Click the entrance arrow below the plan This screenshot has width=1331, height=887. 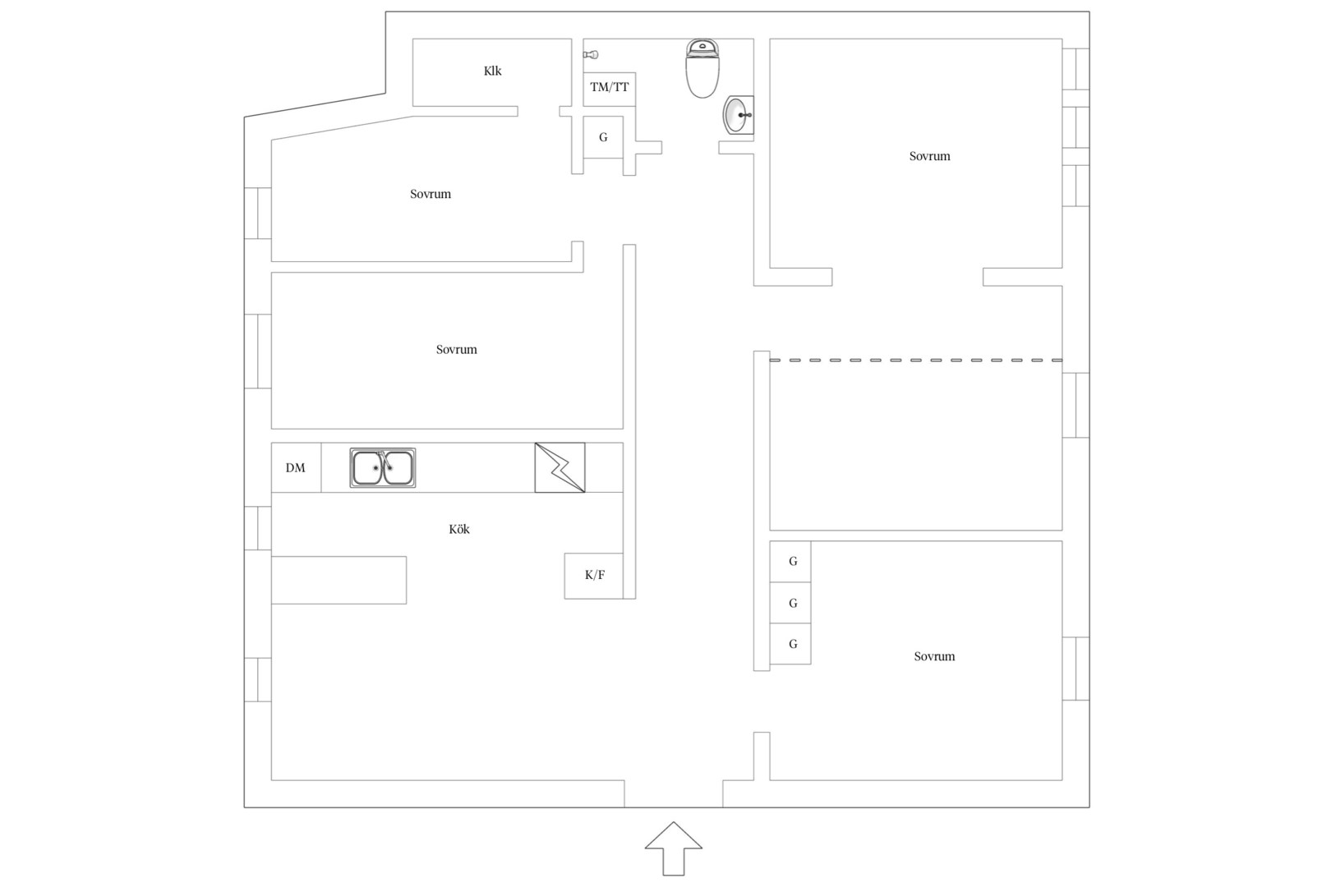point(673,848)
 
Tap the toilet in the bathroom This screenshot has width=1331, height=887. point(702,68)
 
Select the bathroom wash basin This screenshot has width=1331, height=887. point(738,115)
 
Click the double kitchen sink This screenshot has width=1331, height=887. point(383,467)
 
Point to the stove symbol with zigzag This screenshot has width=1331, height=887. point(560,467)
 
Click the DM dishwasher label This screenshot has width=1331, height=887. point(295,468)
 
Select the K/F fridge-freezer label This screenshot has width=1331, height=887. point(595,575)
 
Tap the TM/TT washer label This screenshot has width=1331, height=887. point(609,87)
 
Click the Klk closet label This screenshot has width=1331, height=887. point(493,71)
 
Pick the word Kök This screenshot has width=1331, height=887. point(459,529)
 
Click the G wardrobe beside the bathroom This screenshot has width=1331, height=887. point(603,137)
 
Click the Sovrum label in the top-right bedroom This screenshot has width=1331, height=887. point(929,156)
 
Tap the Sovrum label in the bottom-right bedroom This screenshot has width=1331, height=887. point(934,656)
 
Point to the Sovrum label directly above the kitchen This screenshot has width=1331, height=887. point(456,349)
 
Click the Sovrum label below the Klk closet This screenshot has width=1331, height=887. point(431,194)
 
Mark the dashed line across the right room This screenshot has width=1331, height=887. point(915,360)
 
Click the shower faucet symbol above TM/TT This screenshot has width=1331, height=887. point(591,55)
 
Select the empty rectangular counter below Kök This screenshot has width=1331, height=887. point(339,581)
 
